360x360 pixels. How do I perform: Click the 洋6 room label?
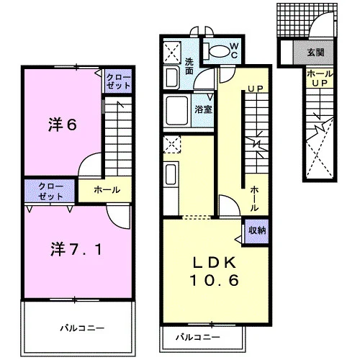coord(63,125)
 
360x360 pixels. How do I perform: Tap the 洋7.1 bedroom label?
coord(76,249)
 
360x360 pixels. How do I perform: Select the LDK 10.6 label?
coord(215,271)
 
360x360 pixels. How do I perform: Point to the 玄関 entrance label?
coord(315,53)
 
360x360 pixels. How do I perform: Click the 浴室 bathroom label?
coord(203,109)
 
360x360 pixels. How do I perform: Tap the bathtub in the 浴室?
coord(177,111)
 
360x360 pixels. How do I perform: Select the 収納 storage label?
coord(257,230)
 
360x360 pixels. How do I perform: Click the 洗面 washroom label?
coord(189,66)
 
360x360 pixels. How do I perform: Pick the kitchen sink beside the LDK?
coord(171,174)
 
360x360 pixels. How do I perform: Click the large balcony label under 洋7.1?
coord(82,328)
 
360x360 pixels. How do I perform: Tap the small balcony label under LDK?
coord(198,337)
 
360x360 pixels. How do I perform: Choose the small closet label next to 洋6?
coord(118,81)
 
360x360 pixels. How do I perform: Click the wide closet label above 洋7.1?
coord(50,192)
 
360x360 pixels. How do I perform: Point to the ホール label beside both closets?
coord(107,190)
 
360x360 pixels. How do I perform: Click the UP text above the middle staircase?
coord(256,89)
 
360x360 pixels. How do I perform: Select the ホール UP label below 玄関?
coord(320,78)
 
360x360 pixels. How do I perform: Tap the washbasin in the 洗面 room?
coord(171,77)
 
